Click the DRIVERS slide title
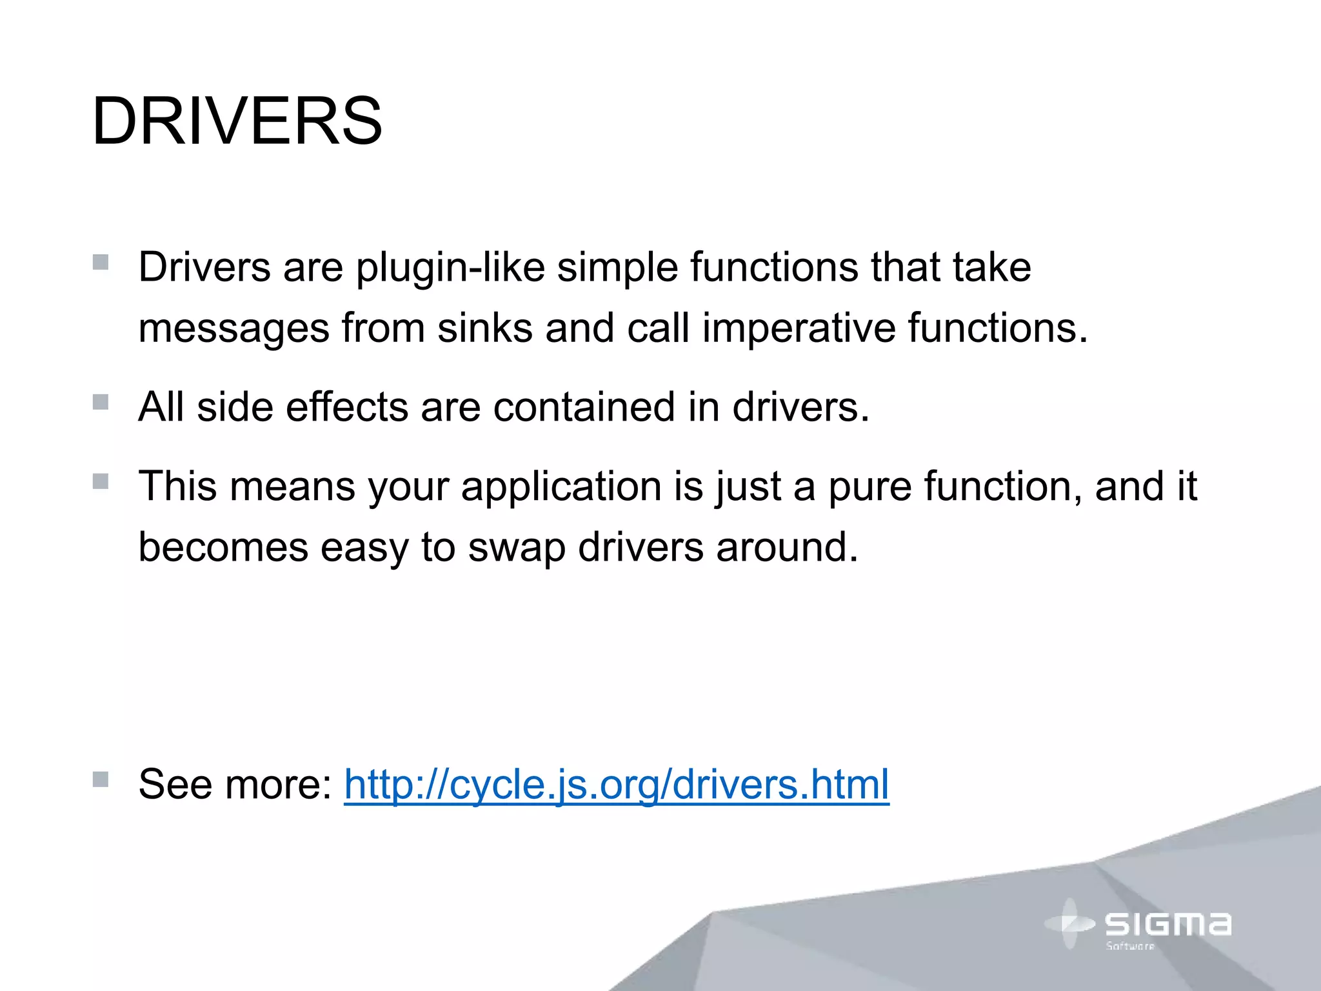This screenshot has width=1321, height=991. point(237,121)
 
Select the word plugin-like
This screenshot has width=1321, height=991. point(450,267)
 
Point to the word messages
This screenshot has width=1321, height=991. point(234,328)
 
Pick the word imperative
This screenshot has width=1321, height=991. point(799,327)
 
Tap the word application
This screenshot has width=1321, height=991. point(561,486)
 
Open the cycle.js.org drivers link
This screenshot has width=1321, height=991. point(616,785)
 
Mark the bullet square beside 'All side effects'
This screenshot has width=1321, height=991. point(100,403)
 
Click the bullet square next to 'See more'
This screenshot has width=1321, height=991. point(100,779)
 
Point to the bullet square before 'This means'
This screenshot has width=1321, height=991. point(100,481)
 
